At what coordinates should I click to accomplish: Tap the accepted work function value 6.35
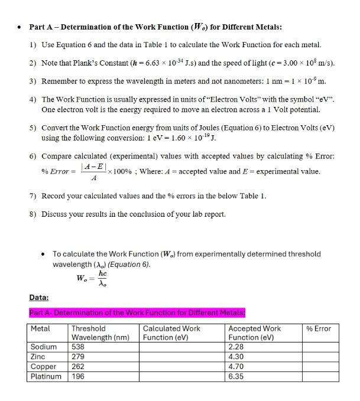point(236,376)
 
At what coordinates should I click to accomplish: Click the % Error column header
point(319,328)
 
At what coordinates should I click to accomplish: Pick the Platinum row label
point(46,376)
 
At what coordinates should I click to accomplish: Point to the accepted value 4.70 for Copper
point(236,366)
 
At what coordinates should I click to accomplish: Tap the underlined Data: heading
point(40,299)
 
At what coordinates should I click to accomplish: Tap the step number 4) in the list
point(33,100)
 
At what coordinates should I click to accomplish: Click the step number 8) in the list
point(33,213)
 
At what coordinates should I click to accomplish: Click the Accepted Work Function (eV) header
point(255,332)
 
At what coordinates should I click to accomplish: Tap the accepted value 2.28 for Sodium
point(236,347)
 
